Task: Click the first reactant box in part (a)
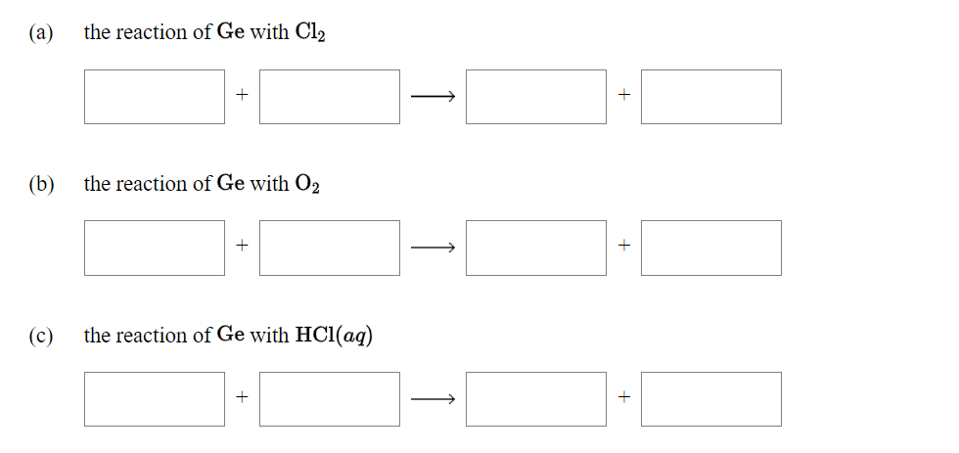click(x=155, y=97)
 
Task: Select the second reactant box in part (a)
click(x=330, y=97)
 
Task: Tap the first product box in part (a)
click(x=536, y=97)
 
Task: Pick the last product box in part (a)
click(x=711, y=97)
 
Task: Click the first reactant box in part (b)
click(x=155, y=248)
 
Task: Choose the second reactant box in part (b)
click(x=330, y=248)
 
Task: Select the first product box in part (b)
click(x=536, y=248)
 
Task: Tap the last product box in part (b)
click(x=711, y=248)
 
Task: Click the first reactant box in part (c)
click(x=155, y=399)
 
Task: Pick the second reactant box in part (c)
click(x=330, y=399)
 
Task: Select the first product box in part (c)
click(x=536, y=399)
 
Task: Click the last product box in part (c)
click(x=711, y=399)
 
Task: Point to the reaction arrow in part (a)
click(x=433, y=97)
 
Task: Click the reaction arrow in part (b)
click(x=433, y=248)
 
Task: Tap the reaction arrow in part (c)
click(x=433, y=399)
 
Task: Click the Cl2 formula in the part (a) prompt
click(x=310, y=33)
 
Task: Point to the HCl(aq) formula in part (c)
click(x=334, y=336)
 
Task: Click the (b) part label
click(x=42, y=184)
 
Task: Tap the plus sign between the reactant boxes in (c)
click(x=242, y=399)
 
